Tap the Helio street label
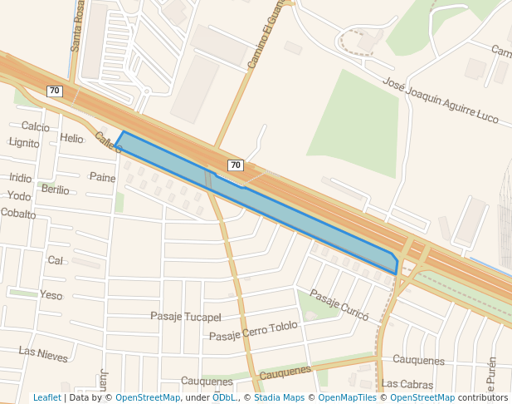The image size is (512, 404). pyautogui.click(x=72, y=138)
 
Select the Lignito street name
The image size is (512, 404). pyautogui.click(x=24, y=143)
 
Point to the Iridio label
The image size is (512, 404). pyautogui.click(x=21, y=177)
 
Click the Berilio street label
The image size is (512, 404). pyautogui.click(x=56, y=190)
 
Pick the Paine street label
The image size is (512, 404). pyautogui.click(x=103, y=177)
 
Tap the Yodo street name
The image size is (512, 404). pyautogui.click(x=18, y=196)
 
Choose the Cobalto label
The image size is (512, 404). pyautogui.click(x=18, y=214)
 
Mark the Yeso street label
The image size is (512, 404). pyautogui.click(x=51, y=295)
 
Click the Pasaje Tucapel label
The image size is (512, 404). pyautogui.click(x=186, y=317)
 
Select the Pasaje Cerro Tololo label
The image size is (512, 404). pyautogui.click(x=253, y=330)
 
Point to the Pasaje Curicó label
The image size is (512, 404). pyautogui.click(x=339, y=304)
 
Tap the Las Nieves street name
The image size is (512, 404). pyautogui.click(x=43, y=354)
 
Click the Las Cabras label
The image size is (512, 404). pyautogui.click(x=407, y=385)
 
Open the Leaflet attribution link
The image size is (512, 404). pyautogui.click(x=47, y=397)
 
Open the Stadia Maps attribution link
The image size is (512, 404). pyautogui.click(x=279, y=397)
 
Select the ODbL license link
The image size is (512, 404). pyautogui.click(x=223, y=397)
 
